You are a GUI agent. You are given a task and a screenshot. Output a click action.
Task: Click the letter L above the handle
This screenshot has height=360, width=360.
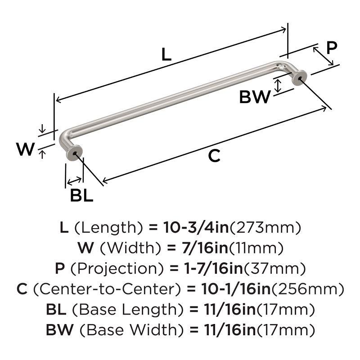(166, 55)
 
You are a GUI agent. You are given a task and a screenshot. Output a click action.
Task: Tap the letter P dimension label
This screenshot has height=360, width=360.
(331, 48)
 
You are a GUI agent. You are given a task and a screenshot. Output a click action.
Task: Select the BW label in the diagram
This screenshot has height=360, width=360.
(255, 97)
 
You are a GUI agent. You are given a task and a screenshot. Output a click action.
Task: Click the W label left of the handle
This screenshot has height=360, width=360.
(25, 149)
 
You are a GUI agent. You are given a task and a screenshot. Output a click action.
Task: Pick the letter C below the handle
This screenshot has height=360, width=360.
(214, 156)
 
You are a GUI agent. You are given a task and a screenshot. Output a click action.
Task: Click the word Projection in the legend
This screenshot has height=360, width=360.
(119, 269)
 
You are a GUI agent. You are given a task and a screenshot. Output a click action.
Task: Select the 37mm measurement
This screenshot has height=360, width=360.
(276, 269)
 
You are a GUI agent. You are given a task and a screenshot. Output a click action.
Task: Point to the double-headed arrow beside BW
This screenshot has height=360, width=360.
(278, 85)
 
